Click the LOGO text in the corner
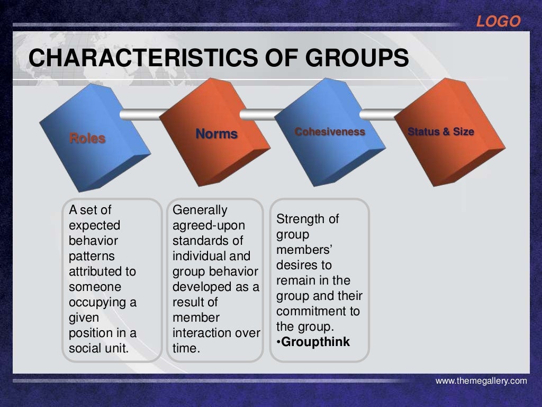[x=498, y=22]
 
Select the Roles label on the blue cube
[x=87, y=139]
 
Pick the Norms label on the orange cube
[x=216, y=134]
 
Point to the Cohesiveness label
[x=330, y=131]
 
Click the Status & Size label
[x=441, y=131]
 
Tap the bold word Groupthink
[x=315, y=342]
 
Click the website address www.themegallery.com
[x=481, y=381]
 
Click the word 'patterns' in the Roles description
[x=91, y=256]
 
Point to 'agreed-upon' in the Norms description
[x=208, y=225]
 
